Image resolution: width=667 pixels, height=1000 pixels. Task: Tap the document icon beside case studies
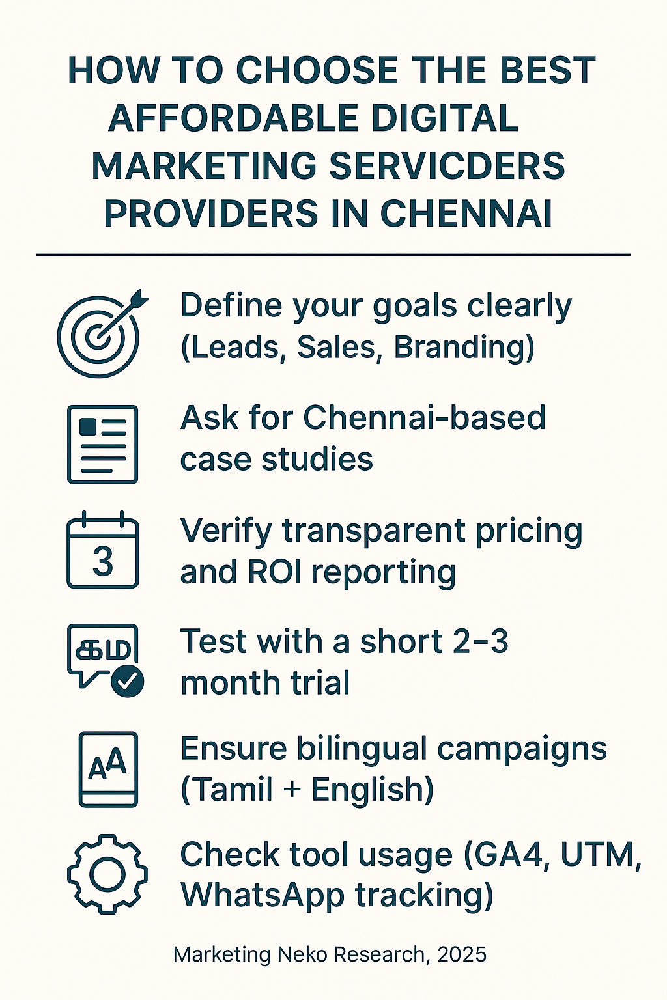pyautogui.click(x=102, y=444)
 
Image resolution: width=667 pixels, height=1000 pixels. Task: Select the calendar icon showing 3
pyautogui.click(x=103, y=549)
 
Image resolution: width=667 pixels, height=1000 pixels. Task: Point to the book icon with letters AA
pyautogui.click(x=108, y=769)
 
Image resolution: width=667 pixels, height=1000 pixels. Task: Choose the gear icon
pyautogui.click(x=107, y=874)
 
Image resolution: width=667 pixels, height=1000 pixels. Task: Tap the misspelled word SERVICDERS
pyautogui.click(x=447, y=165)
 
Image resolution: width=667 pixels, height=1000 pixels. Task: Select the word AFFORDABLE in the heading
pyautogui.click(x=234, y=118)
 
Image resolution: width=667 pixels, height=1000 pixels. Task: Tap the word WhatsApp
pyautogui.click(x=263, y=896)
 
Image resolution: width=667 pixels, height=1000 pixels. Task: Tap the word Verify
pyautogui.click(x=226, y=531)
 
